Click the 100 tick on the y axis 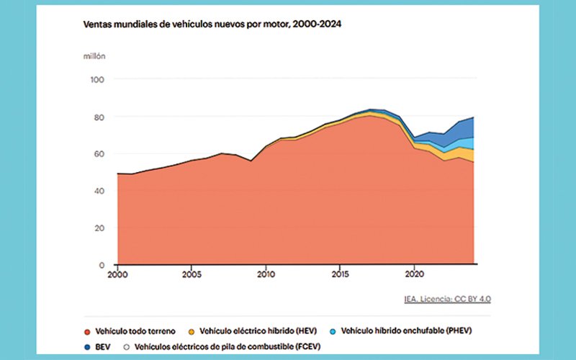(x=98, y=79)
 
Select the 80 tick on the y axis (x=100, y=117)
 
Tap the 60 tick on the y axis (x=100, y=154)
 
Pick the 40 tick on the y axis (x=100, y=191)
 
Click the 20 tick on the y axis (x=100, y=228)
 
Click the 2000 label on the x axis (x=117, y=274)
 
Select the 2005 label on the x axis (x=192, y=274)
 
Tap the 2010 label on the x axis (x=266, y=274)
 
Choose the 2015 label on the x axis (x=340, y=274)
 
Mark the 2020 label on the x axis (x=414, y=274)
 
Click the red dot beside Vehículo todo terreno (x=88, y=332)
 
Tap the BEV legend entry (x=99, y=346)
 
